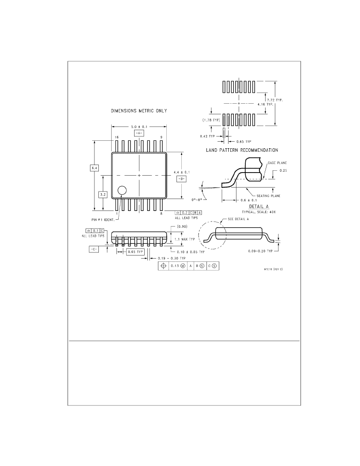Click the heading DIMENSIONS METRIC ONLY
[x=139, y=111]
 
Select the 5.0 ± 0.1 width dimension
[x=139, y=127]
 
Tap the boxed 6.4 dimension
[x=94, y=168]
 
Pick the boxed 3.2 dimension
[x=103, y=195]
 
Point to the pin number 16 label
[x=117, y=137]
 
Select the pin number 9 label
[x=161, y=137]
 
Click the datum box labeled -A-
[x=139, y=133]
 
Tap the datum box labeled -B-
[x=181, y=179]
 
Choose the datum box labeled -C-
[x=94, y=249]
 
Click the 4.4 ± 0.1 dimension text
[x=182, y=173]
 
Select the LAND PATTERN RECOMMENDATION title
[x=242, y=150]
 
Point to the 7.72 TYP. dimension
[x=275, y=100]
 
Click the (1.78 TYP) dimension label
[x=211, y=120]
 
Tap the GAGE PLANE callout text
[x=277, y=163]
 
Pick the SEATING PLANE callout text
[x=269, y=196]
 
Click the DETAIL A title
[x=259, y=207]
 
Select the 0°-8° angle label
[x=197, y=200]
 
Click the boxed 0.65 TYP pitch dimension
[x=135, y=252]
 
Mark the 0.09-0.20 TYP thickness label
[x=260, y=251]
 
